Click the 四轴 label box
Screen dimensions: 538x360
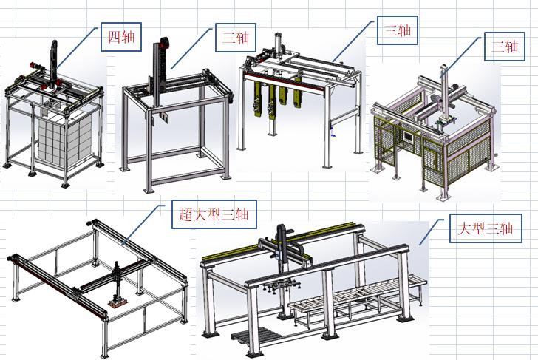(x=121, y=37)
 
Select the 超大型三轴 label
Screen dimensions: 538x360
(x=214, y=214)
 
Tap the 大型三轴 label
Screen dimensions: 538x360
(x=486, y=228)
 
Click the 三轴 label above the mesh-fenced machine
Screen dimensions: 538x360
(x=504, y=47)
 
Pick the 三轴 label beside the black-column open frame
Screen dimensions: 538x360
(x=235, y=38)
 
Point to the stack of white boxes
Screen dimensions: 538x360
(x=64, y=140)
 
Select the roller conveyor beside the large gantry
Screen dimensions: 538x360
(x=357, y=299)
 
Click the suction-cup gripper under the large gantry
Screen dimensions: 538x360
(x=282, y=287)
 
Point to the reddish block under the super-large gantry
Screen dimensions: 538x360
(x=118, y=302)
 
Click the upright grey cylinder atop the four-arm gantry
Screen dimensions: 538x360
(x=278, y=43)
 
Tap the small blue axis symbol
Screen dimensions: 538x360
(x=332, y=132)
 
